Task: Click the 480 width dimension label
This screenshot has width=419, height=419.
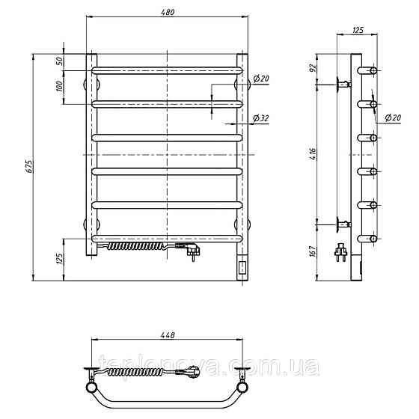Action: pos(168,12)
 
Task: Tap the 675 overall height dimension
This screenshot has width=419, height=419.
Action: pos(29,166)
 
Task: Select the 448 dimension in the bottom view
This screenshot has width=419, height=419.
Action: pos(168,335)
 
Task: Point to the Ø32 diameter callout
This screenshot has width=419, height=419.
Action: pos(261,118)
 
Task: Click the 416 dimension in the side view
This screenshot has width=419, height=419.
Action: pos(313,154)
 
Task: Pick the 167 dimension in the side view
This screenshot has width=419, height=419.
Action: pos(313,251)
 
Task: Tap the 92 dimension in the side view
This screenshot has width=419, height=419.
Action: pos(313,67)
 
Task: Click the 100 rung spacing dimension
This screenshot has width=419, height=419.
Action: pos(60,86)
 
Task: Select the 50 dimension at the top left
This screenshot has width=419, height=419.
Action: pos(60,61)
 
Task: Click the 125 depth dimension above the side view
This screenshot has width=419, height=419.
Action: pos(358,30)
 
